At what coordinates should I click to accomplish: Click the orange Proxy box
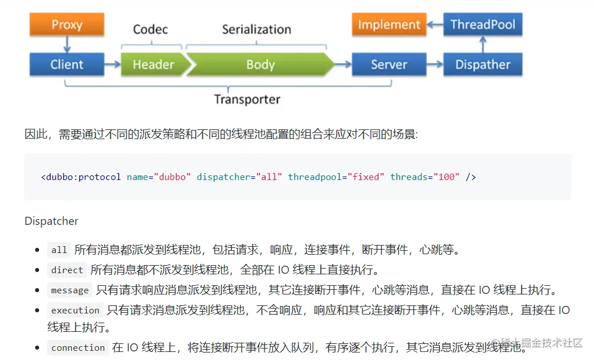(x=67, y=25)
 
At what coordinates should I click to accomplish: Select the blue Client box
(x=67, y=64)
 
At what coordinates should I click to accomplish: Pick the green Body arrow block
(x=260, y=64)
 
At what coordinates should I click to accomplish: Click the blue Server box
(x=389, y=64)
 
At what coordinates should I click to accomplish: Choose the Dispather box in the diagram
(x=482, y=64)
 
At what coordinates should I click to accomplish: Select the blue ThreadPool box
(x=482, y=25)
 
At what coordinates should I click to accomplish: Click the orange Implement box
(x=389, y=25)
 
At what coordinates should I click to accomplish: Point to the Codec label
(x=150, y=29)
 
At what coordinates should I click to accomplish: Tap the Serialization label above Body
(x=256, y=29)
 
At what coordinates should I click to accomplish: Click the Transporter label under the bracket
(x=247, y=99)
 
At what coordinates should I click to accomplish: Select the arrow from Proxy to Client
(x=67, y=44)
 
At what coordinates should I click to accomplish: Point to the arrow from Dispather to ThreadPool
(x=482, y=44)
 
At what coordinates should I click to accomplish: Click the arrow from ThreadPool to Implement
(x=435, y=25)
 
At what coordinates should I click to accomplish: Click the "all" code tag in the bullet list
(x=59, y=250)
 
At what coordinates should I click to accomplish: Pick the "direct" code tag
(x=67, y=270)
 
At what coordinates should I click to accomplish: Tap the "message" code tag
(x=70, y=290)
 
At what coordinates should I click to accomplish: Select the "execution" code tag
(x=75, y=311)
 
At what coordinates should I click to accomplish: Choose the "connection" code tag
(x=78, y=348)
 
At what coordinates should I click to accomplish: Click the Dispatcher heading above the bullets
(x=51, y=221)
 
